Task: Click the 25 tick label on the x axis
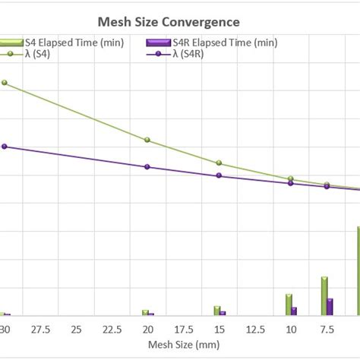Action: tap(75, 329)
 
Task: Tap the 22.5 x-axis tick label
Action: tap(111, 329)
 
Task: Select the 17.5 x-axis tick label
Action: tap(183, 329)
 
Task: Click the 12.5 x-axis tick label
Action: tap(254, 329)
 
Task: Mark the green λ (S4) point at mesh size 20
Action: tap(147, 140)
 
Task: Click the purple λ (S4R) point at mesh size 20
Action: tap(147, 167)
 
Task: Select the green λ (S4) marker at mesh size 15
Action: tap(219, 163)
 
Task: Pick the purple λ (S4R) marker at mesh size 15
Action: tap(219, 175)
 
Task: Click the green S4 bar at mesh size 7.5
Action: tap(324, 296)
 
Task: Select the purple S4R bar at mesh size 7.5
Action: tap(330, 306)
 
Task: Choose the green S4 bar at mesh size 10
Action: tap(289, 305)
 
